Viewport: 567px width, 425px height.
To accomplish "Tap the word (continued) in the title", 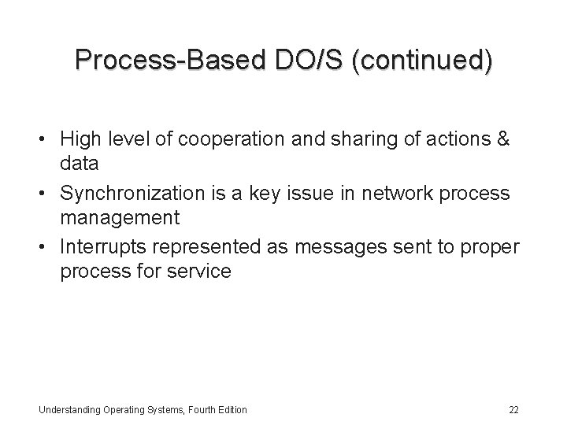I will click(x=424, y=61).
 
